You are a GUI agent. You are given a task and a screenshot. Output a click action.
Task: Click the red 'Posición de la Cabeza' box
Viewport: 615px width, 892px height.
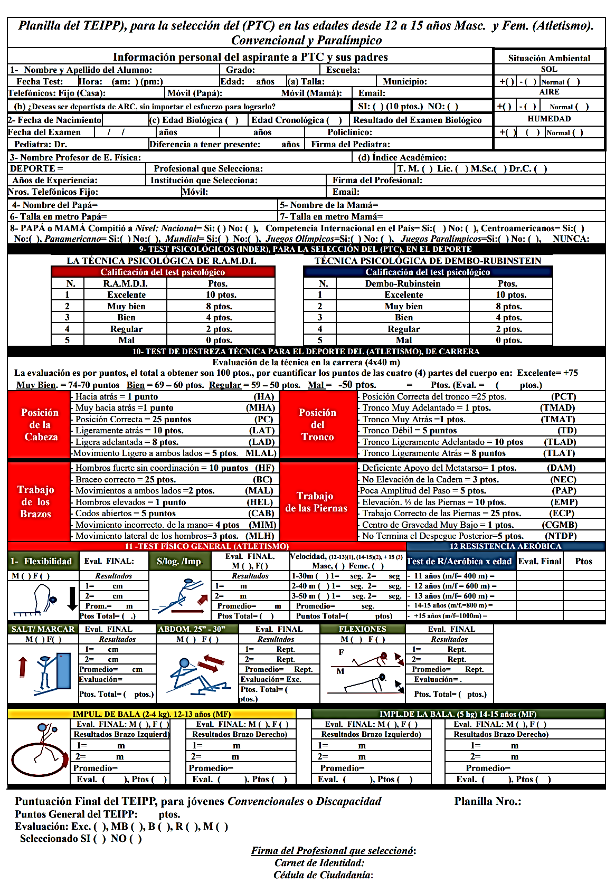pos(40,425)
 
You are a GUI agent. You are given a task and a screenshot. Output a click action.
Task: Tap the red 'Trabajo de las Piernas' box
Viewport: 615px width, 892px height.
pos(317,502)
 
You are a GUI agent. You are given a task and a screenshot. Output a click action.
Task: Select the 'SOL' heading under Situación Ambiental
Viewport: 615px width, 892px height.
pos(549,69)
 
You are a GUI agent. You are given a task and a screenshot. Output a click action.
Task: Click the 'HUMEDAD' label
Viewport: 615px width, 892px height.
pos(549,119)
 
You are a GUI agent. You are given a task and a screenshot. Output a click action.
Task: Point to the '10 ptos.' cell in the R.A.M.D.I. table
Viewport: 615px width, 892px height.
pos(221,295)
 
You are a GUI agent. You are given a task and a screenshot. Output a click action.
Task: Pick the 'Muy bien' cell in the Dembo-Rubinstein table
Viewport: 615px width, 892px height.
pos(404,307)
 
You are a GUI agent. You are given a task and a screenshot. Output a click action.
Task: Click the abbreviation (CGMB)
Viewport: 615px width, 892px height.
pos(560,525)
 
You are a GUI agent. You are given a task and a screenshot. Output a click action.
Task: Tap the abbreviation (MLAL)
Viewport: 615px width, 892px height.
pos(261,453)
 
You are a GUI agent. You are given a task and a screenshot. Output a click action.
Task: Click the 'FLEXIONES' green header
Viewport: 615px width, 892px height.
pos(363,629)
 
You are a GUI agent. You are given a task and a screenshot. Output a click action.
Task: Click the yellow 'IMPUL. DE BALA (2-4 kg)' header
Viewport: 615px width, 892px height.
pos(152,714)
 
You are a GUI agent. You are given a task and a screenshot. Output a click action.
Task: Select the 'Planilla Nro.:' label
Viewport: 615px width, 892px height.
pos(488,802)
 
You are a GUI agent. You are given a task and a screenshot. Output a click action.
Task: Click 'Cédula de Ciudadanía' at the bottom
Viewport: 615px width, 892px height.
pos(323,875)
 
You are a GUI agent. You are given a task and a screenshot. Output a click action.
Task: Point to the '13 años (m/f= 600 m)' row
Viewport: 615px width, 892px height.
pos(454,596)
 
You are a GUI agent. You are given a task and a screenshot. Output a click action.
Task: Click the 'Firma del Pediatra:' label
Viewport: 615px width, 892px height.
pos(351,145)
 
